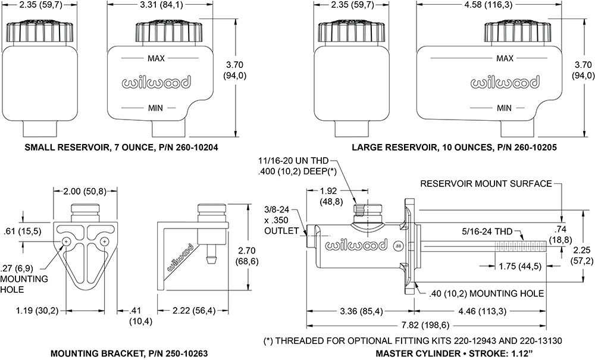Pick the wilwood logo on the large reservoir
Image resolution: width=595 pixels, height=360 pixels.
pyautogui.click(x=505, y=83)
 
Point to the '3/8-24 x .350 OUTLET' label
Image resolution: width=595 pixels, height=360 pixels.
pyautogui.click(x=278, y=220)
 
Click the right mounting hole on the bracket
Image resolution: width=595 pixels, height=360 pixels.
pyautogui.click(x=105, y=241)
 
